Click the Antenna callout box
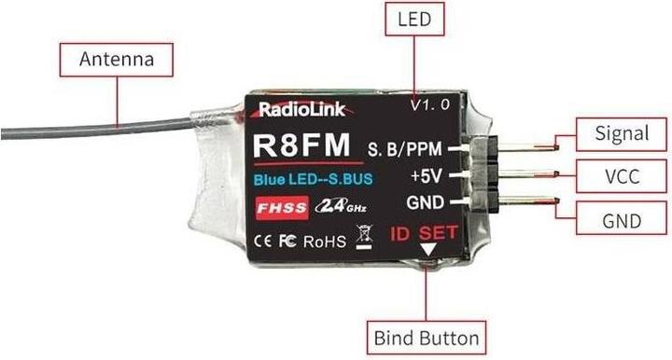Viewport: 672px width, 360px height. pyautogui.click(x=116, y=60)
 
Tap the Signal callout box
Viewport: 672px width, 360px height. pyautogui.click(x=622, y=134)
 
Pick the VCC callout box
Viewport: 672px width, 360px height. pyautogui.click(x=622, y=176)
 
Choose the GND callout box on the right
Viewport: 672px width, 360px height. pyautogui.click(x=622, y=221)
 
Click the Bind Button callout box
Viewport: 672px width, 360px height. pyautogui.click(x=427, y=337)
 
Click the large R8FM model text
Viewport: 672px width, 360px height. pyautogui.click(x=301, y=147)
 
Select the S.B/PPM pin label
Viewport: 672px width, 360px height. pyautogui.click(x=407, y=148)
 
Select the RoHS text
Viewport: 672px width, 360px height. pyautogui.click(x=324, y=241)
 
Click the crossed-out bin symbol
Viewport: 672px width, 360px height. pyautogui.click(x=363, y=239)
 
